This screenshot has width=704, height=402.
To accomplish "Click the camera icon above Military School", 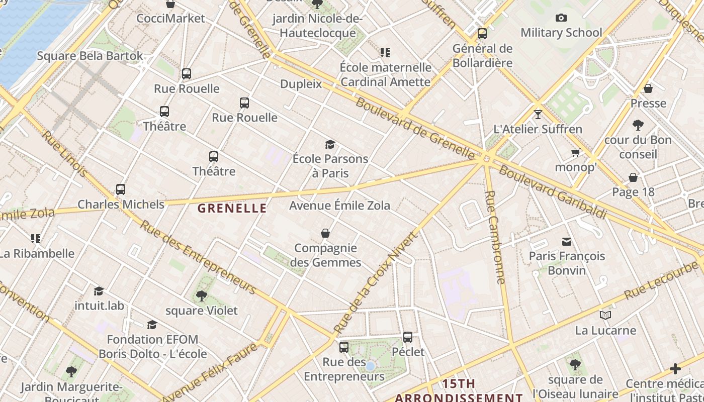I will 561,18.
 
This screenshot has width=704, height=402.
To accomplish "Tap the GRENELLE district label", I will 232,209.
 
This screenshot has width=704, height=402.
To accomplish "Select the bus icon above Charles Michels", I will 121,189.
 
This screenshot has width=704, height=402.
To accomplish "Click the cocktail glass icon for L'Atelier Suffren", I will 538,114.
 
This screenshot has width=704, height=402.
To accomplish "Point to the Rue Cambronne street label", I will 495,237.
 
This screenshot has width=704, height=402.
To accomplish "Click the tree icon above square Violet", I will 202,296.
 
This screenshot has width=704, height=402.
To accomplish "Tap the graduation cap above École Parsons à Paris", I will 330,145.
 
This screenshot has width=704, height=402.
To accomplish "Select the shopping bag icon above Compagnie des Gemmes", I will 325,233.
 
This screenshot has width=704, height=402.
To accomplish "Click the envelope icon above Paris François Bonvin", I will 567,242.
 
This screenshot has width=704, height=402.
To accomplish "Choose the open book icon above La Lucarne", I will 605,316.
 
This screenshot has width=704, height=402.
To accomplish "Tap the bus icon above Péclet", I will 408,337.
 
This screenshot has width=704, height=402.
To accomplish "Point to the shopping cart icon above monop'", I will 575,152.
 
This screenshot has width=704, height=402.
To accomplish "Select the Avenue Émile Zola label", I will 339,206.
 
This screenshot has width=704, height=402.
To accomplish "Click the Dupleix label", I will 301,84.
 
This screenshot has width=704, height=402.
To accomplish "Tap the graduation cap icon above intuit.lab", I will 99,291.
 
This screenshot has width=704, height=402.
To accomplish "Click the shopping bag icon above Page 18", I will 633,177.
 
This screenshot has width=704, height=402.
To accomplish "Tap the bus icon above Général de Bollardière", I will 482,34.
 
